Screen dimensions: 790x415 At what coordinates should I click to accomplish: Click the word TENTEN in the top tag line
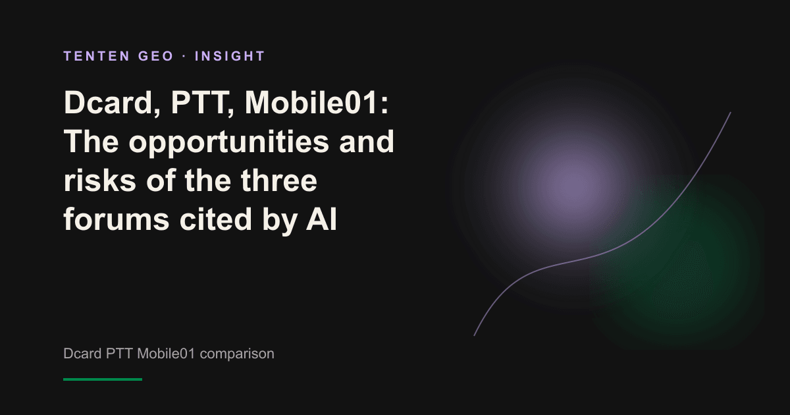[x=97, y=56]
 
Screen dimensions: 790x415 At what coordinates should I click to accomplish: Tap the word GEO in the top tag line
[x=156, y=56]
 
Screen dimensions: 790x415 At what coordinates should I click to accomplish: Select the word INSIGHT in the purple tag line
[x=230, y=56]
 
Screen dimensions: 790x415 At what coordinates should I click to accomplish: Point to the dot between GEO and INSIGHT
[x=184, y=57]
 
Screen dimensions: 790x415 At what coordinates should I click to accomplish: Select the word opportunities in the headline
[x=229, y=142]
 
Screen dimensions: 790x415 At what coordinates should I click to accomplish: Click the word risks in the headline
[x=100, y=180]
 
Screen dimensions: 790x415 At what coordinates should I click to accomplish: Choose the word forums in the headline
[x=117, y=219]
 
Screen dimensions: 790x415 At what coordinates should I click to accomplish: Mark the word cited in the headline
[x=215, y=219]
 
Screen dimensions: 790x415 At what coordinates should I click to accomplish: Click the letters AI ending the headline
[x=321, y=219]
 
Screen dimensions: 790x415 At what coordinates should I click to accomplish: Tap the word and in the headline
[x=367, y=142]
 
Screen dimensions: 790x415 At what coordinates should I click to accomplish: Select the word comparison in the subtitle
[x=237, y=354]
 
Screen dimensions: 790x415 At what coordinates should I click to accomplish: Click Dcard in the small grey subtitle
[x=82, y=354]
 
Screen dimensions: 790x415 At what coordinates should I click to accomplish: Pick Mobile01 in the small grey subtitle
[x=166, y=354]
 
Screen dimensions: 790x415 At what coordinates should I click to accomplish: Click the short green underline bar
[x=103, y=379]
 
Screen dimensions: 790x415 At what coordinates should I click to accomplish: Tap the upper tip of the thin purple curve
[x=730, y=113]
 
